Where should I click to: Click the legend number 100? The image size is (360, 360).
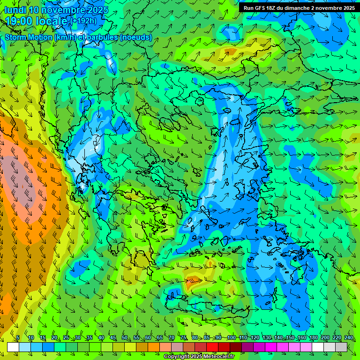pyautogui.click(x=231, y=337)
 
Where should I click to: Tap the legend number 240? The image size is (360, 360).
pyautogui.click(x=349, y=337)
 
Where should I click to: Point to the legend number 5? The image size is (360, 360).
pyautogui.click(x=18, y=337)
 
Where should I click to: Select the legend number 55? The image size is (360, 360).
pyautogui.click(x=136, y=337)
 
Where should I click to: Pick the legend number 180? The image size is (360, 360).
pyautogui.click(x=313, y=337)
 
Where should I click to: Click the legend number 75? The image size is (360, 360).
pyautogui.click(x=183, y=337)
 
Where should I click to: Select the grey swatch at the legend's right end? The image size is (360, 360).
pyautogui.click(x=341, y=347)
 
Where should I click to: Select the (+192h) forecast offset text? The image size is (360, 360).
pyautogui.click(x=84, y=21)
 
